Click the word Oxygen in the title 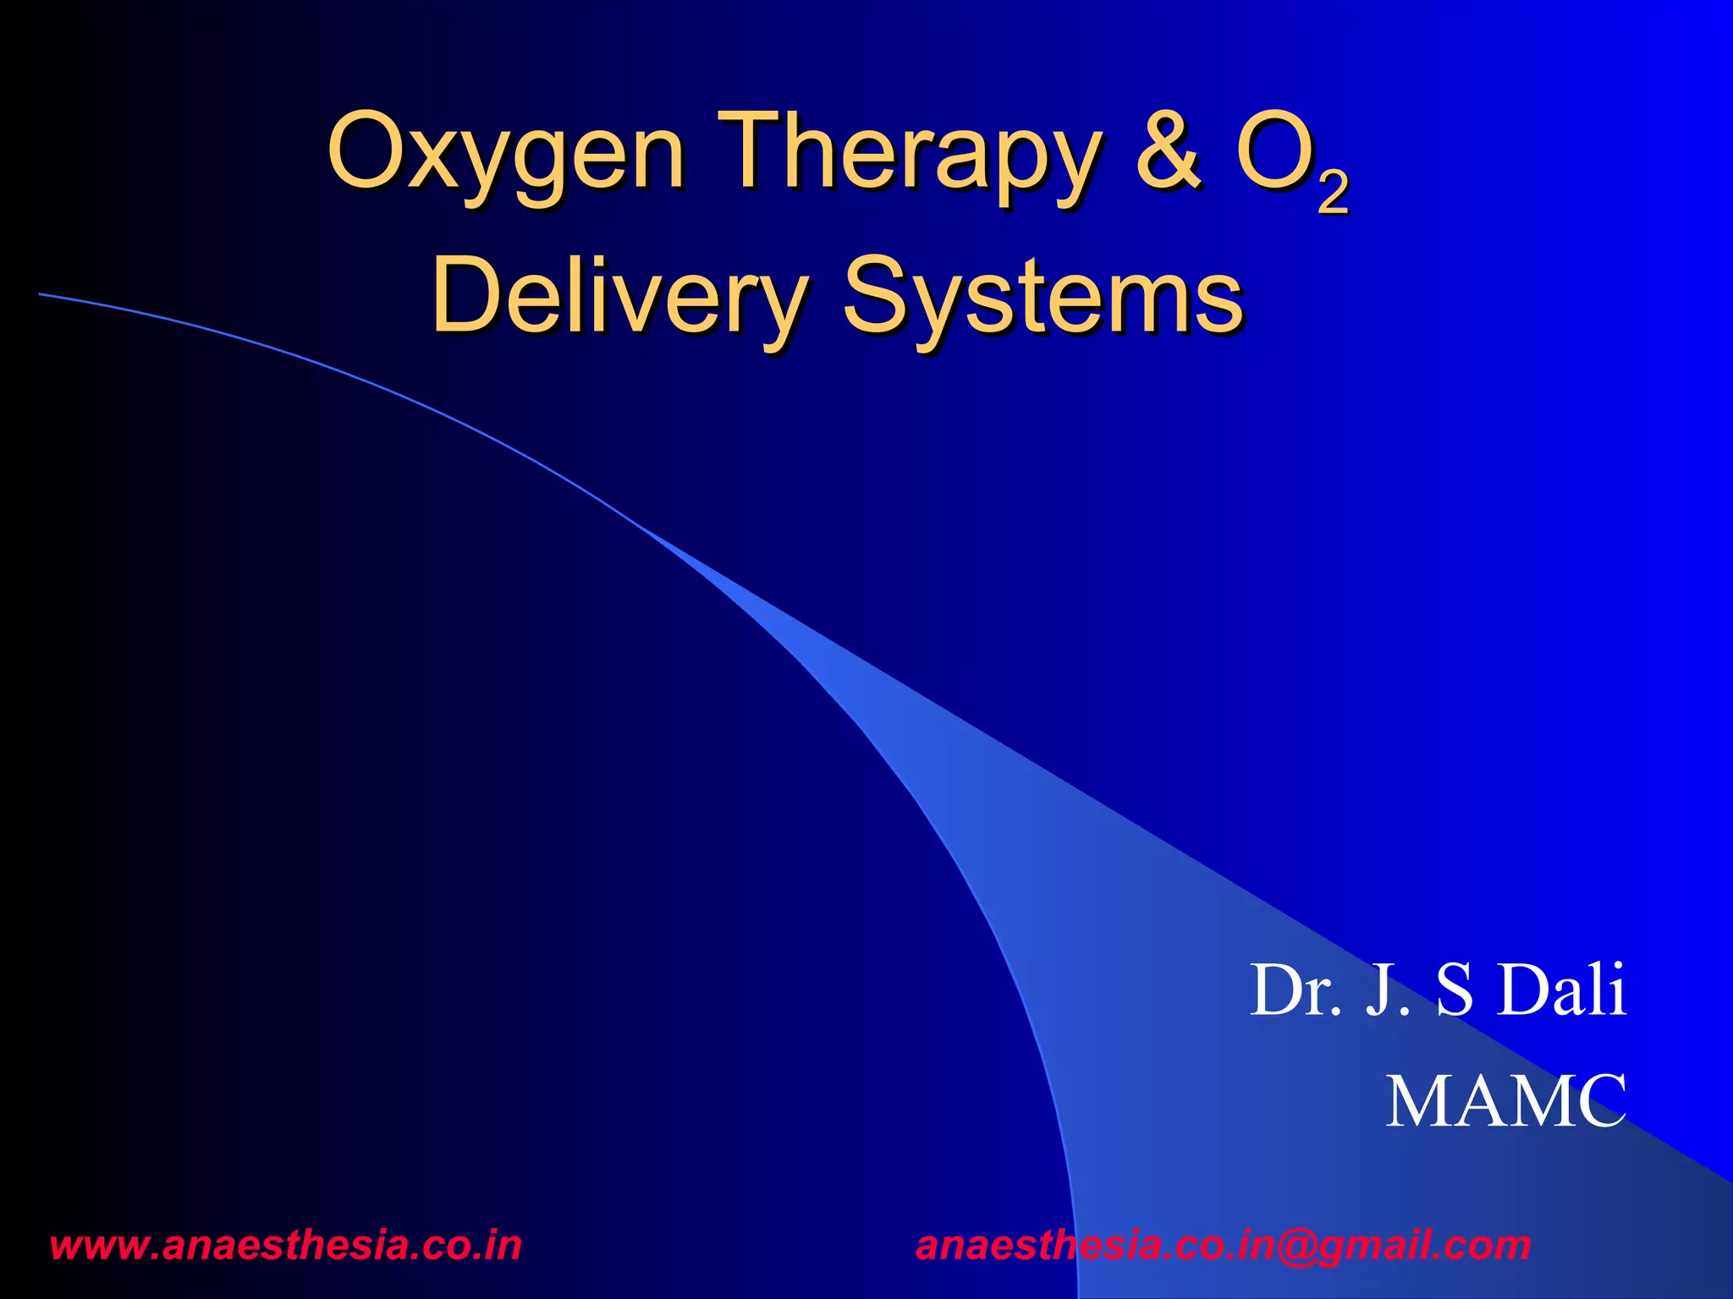(505, 155)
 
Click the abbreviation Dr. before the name (1296, 990)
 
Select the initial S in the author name (1455, 990)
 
